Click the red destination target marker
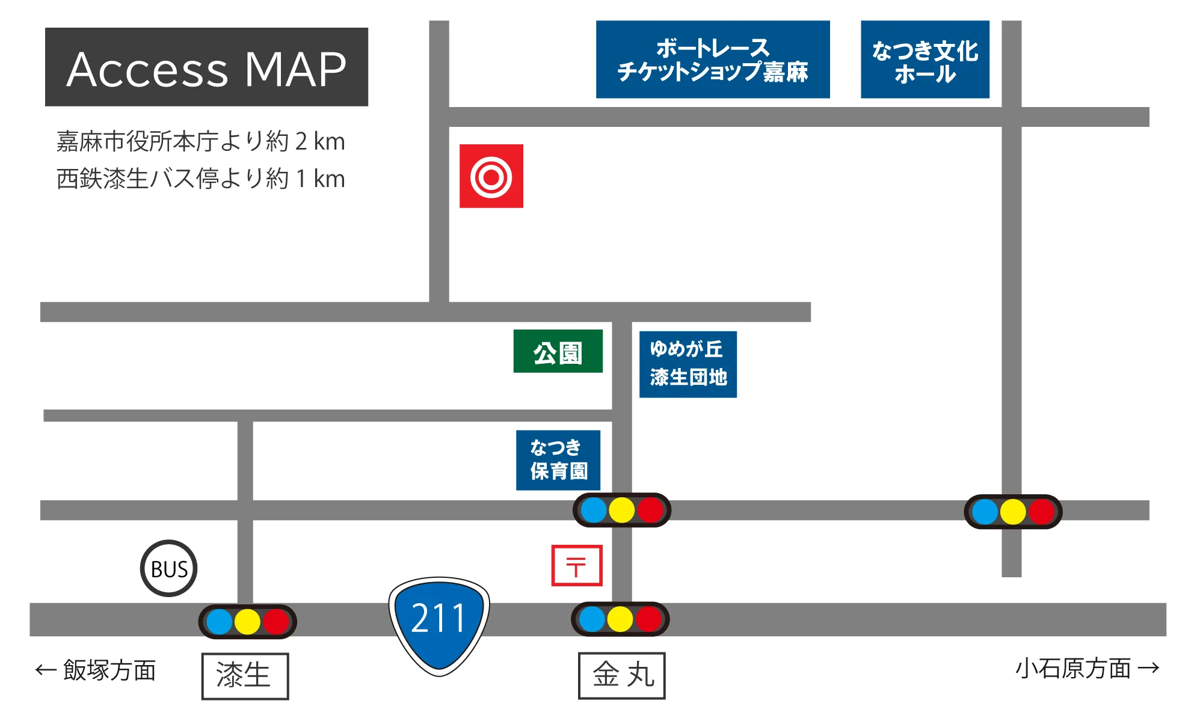click(491, 176)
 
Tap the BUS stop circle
click(169, 568)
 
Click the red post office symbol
click(577, 565)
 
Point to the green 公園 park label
click(558, 352)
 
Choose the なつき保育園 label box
click(558, 460)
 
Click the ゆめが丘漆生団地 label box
click(688, 364)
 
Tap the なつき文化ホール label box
click(925, 60)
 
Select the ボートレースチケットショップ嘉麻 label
click(713, 60)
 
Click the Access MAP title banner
click(206, 67)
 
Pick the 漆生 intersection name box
click(245, 676)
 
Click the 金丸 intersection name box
click(622, 675)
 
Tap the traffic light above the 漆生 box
click(247, 622)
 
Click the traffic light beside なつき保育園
click(622, 510)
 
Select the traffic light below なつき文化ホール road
click(1013, 512)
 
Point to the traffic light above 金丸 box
click(620, 619)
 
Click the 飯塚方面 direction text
click(96, 670)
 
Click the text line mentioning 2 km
click(200, 141)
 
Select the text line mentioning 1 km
click(200, 179)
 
